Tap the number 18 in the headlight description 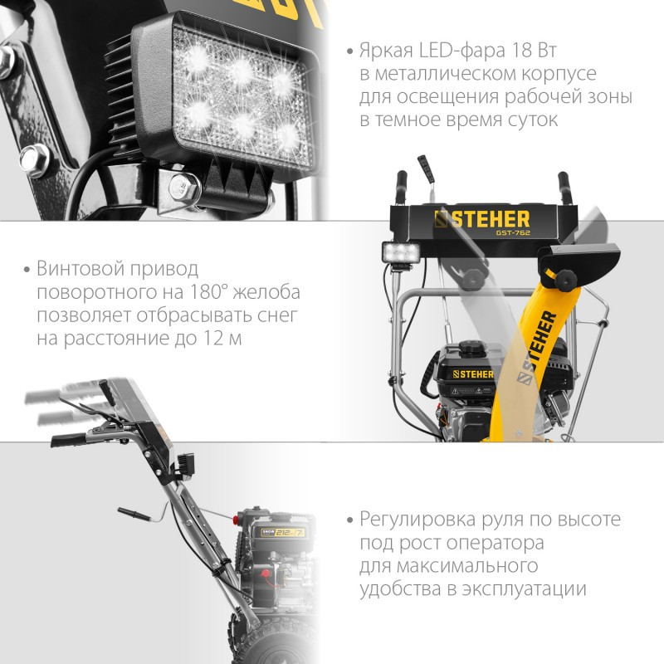pos(522,51)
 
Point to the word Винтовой pos(81,268)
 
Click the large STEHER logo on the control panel pos(482,219)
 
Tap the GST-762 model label pos(513,232)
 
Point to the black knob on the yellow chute pos(566,279)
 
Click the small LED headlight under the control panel pos(400,252)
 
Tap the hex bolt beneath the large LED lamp pos(183,187)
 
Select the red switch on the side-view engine pos(266,574)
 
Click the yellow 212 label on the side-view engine pos(283,532)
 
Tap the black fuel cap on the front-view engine pos(469,346)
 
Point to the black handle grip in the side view pos(68,440)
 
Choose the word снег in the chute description pos(278,315)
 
